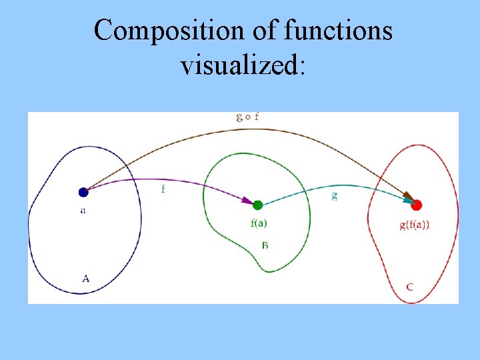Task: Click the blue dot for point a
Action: [x=83, y=192]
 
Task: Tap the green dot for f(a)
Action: [x=258, y=205]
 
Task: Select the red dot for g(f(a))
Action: [x=417, y=205]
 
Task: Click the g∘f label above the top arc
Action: [x=248, y=117]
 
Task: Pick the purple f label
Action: [x=163, y=189]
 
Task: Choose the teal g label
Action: [x=334, y=195]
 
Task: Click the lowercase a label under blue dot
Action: [x=83, y=211]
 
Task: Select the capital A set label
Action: [x=85, y=279]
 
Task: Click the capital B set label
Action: [x=265, y=245]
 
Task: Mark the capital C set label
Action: [x=409, y=287]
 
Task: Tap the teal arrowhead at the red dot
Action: [x=407, y=199]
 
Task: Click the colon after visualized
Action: [x=301, y=67]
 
